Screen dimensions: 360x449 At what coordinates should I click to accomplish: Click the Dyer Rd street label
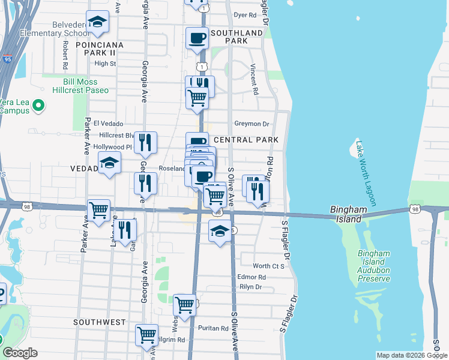(x=245, y=15)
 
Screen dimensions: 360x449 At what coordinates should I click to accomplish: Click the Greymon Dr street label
(x=252, y=124)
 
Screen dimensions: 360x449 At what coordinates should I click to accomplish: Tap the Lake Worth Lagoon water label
(x=365, y=173)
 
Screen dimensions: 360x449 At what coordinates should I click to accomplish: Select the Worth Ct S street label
(x=268, y=266)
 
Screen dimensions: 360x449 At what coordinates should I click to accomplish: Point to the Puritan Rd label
(x=215, y=328)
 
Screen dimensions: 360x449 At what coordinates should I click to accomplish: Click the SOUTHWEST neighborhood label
(x=99, y=322)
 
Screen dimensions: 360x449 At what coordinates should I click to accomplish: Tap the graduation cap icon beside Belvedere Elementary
(x=97, y=23)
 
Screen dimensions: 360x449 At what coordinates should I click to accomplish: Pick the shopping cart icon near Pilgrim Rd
(x=146, y=336)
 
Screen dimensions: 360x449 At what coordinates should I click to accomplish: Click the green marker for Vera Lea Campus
(x=39, y=106)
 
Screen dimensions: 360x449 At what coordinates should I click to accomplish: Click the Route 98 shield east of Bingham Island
(x=415, y=209)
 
